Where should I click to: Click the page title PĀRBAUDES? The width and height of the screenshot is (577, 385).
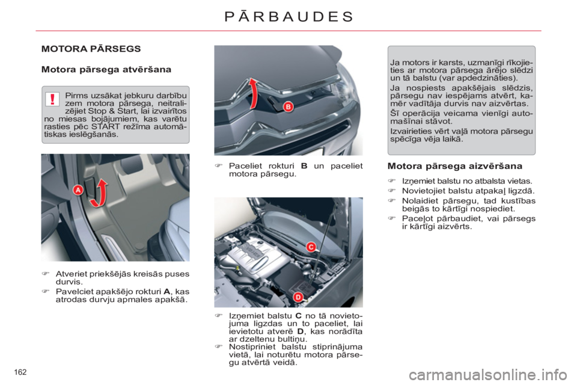288,16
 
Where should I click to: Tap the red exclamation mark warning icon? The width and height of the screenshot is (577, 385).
53,99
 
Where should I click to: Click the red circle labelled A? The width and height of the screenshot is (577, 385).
78,189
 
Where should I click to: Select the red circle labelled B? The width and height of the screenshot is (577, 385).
288,106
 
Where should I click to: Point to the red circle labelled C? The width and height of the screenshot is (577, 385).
311,247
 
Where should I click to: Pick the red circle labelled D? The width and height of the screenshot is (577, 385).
297,296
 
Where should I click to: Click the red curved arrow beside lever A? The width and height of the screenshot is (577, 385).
102,189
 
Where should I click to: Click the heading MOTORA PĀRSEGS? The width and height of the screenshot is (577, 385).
91,48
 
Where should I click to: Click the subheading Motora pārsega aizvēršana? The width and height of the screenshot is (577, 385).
454,165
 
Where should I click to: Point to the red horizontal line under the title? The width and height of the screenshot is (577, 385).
288,31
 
